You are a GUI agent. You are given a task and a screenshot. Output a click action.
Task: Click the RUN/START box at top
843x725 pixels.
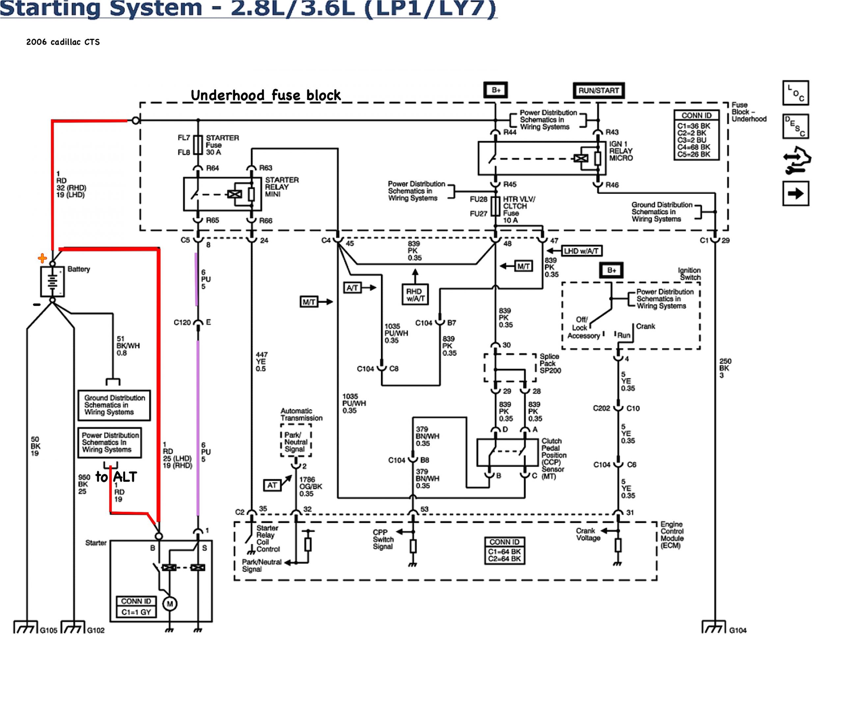pos(598,90)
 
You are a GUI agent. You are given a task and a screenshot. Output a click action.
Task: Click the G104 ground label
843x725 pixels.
pos(738,630)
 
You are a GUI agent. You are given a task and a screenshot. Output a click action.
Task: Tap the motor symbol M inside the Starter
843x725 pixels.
pos(170,604)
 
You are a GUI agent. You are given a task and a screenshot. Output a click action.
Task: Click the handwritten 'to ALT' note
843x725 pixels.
pos(116,477)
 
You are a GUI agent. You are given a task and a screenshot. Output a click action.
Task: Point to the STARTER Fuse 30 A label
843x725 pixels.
pos(222,145)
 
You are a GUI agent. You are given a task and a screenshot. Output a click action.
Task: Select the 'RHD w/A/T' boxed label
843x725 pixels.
pos(415,295)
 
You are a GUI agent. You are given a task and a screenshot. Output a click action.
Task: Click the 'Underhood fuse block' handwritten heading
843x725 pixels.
pos(266,95)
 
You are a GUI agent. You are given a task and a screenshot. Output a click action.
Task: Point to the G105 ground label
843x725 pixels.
pos(48,630)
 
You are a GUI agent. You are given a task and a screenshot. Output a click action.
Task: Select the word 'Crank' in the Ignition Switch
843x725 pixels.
pos(645,326)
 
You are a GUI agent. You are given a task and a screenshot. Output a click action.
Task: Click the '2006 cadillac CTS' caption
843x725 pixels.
pos(63,42)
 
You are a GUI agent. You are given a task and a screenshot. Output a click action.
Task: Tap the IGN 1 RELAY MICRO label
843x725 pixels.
pos(620,151)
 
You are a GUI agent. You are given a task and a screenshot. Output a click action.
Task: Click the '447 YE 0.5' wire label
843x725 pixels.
pos(261,361)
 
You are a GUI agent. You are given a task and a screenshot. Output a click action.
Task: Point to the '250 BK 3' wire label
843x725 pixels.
pos(725,368)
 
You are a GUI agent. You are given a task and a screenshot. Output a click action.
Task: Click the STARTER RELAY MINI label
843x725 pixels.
pos(282,187)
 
